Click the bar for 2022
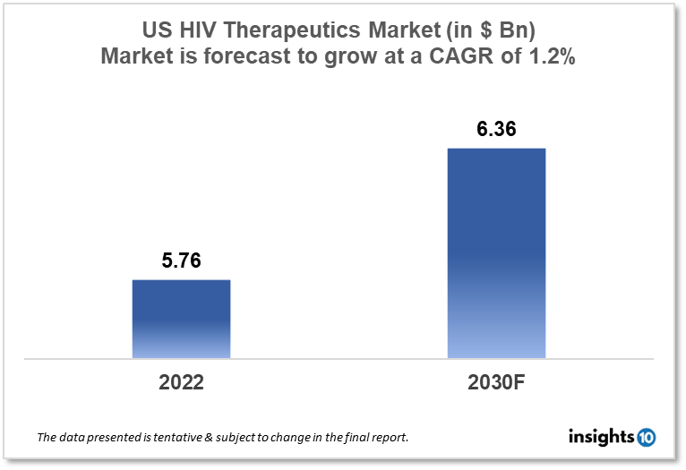coord(181,319)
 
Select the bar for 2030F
coord(495,252)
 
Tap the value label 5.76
coord(181,262)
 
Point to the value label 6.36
coord(495,130)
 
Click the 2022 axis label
coord(181,382)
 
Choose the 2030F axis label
coord(495,382)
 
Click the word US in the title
coord(158,30)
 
